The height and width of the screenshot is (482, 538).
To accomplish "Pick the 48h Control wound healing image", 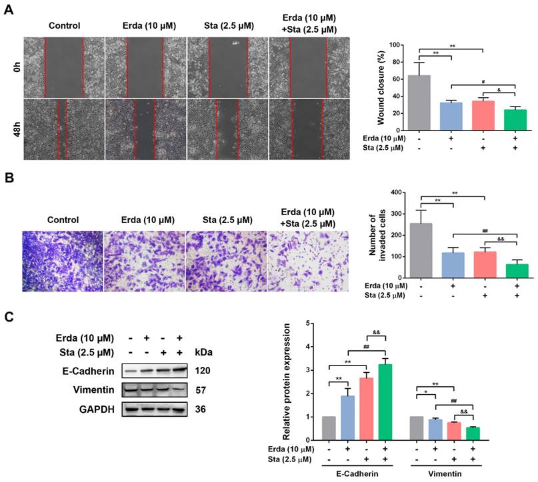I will click(x=64, y=129).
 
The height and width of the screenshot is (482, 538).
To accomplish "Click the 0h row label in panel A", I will click(x=15, y=67).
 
